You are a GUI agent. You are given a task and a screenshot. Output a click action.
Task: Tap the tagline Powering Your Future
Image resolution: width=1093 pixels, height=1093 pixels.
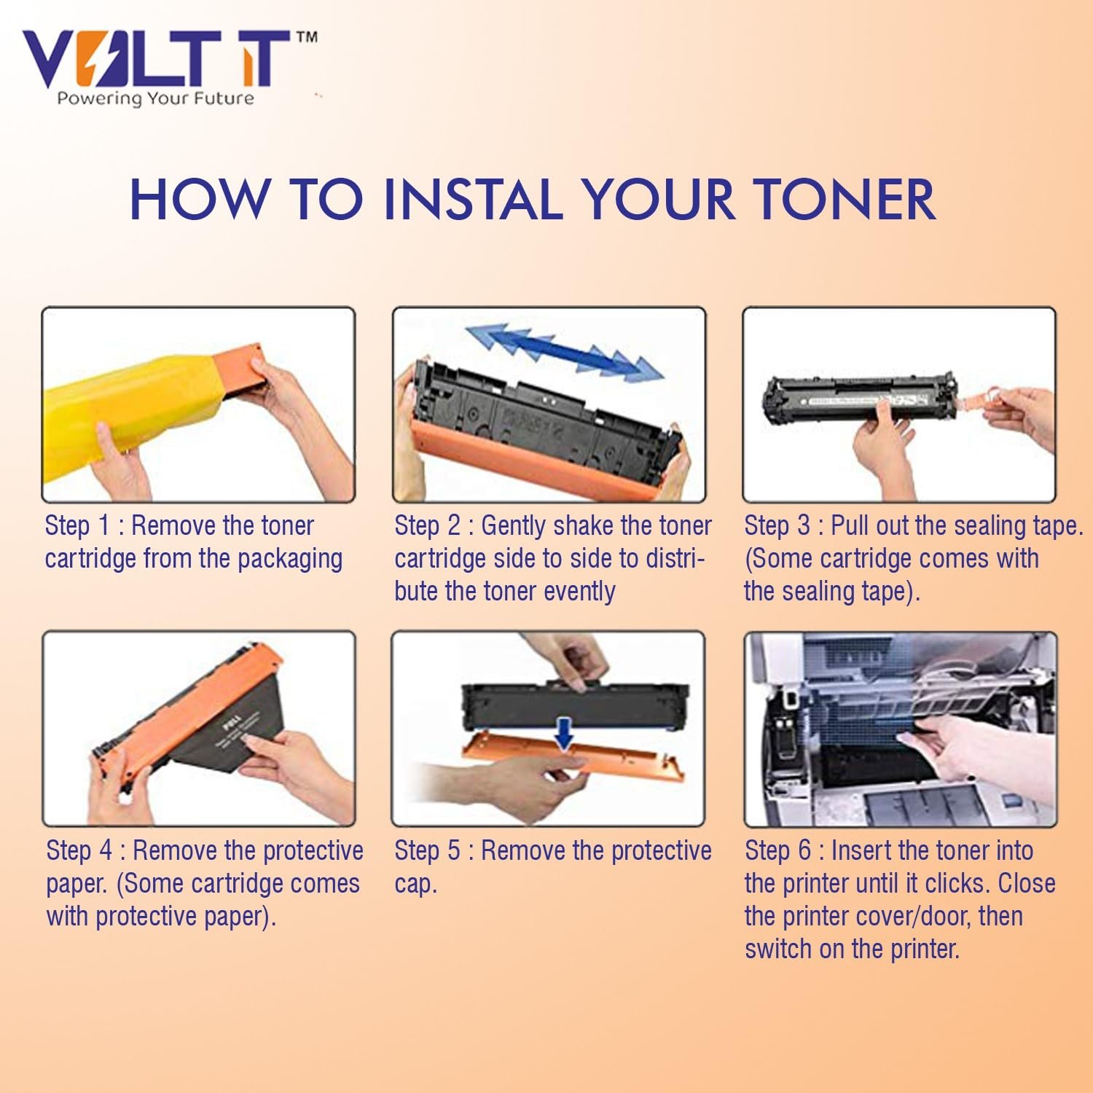coord(156,98)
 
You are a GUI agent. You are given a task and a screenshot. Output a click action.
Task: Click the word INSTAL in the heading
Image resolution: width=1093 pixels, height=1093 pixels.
coord(474,199)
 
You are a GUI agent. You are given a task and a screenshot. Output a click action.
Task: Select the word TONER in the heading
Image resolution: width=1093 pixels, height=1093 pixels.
coord(844,199)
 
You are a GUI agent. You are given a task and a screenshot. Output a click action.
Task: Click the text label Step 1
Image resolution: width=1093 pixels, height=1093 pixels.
coord(77,526)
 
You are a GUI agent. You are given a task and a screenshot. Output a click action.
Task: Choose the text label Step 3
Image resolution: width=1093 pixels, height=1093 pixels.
coord(777,526)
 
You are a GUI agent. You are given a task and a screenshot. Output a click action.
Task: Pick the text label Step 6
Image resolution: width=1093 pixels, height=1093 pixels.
coord(777,851)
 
